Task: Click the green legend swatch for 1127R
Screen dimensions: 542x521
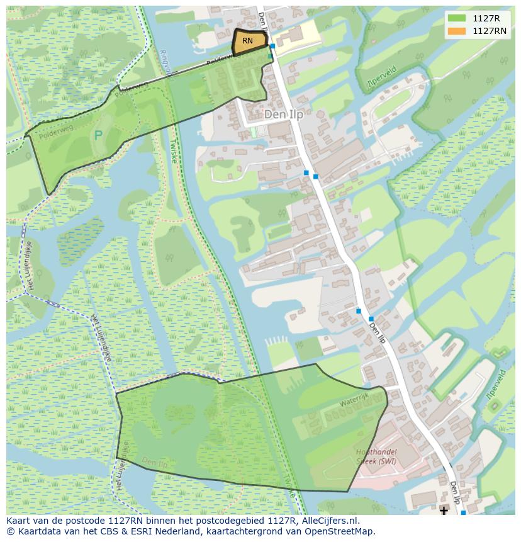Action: point(457,18)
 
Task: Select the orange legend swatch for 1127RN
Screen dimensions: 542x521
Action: point(457,31)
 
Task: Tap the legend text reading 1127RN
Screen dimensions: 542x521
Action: point(490,31)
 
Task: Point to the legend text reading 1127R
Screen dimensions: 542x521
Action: point(486,18)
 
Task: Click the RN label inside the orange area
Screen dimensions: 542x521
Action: point(247,41)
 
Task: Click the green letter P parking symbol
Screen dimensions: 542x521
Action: point(98,135)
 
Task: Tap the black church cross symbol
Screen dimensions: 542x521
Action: point(444,510)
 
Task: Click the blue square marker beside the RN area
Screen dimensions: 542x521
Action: point(272,46)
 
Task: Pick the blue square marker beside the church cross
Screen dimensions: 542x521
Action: point(464,513)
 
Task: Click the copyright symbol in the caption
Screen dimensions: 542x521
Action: point(11,531)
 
